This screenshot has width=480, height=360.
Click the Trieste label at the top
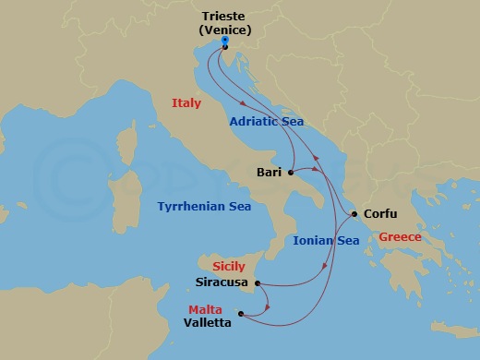225,16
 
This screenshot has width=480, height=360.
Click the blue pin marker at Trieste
225,42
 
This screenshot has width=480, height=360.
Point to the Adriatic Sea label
267,121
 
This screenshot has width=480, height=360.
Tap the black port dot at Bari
290,173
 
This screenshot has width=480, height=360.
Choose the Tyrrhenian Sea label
204,207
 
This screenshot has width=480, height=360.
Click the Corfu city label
381,213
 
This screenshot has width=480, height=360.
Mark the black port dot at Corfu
355,215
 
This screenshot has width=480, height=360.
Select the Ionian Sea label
326,240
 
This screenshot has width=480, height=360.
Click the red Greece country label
401,237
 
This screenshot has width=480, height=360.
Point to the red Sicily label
228,266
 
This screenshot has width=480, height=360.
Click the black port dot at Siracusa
257,283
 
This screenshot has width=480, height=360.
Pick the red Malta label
207,309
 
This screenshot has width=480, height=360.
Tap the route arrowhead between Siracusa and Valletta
266,306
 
